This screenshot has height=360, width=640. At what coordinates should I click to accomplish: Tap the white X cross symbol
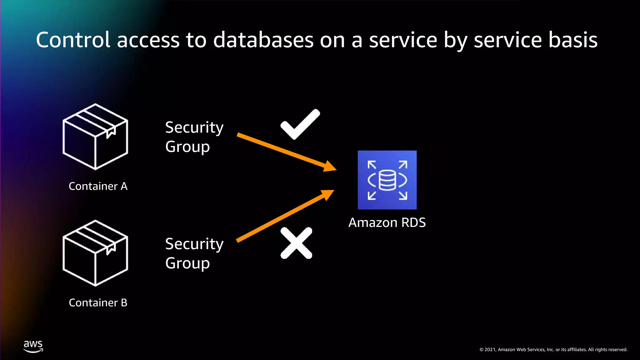click(x=296, y=243)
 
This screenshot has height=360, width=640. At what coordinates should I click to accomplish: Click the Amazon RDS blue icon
click(x=387, y=180)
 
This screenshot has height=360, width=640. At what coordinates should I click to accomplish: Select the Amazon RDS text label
click(x=387, y=222)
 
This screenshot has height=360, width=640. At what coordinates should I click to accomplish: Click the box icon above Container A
click(x=95, y=137)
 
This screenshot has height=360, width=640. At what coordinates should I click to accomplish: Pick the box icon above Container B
click(x=95, y=253)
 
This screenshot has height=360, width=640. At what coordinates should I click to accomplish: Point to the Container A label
click(x=98, y=186)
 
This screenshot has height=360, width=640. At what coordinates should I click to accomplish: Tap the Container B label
click(x=98, y=302)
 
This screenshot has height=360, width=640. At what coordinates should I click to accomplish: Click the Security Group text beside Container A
click(x=194, y=137)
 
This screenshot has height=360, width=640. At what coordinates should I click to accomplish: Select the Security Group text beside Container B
click(x=194, y=253)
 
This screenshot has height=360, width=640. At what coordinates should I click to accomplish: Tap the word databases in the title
click(x=263, y=40)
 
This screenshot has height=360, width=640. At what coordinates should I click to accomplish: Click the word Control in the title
click(x=73, y=40)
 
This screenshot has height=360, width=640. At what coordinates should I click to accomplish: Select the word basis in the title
click(x=573, y=40)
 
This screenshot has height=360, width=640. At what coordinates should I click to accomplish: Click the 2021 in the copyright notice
click(x=490, y=350)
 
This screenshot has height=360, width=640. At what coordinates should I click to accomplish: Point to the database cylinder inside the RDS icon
click(x=387, y=180)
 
